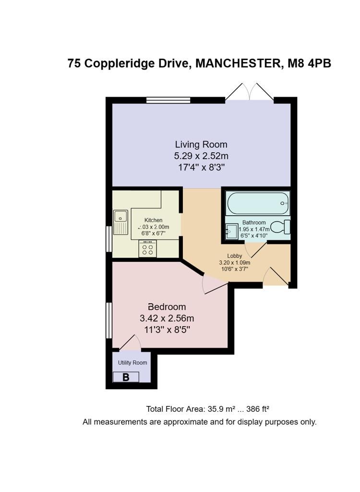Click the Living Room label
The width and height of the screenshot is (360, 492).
[x=201, y=144]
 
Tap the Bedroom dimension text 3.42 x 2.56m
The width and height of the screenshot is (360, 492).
[x=167, y=318]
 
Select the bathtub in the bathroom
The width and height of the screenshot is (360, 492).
[x=258, y=203]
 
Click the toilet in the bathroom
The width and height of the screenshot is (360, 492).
[x=281, y=226]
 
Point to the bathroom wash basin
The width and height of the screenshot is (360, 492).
[x=232, y=232]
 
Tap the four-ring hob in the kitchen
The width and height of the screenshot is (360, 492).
[x=148, y=248]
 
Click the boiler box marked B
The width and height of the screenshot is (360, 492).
[x=126, y=377]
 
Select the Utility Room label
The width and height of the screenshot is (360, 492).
[x=132, y=363]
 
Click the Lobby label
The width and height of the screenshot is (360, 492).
[x=235, y=256]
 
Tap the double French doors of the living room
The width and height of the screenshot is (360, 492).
[x=249, y=92]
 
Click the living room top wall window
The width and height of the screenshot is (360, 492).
[x=168, y=100]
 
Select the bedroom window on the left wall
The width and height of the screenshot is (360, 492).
[x=109, y=320]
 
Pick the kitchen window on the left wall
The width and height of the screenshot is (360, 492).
[x=109, y=239]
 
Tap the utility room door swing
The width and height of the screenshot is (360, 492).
[x=131, y=343]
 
